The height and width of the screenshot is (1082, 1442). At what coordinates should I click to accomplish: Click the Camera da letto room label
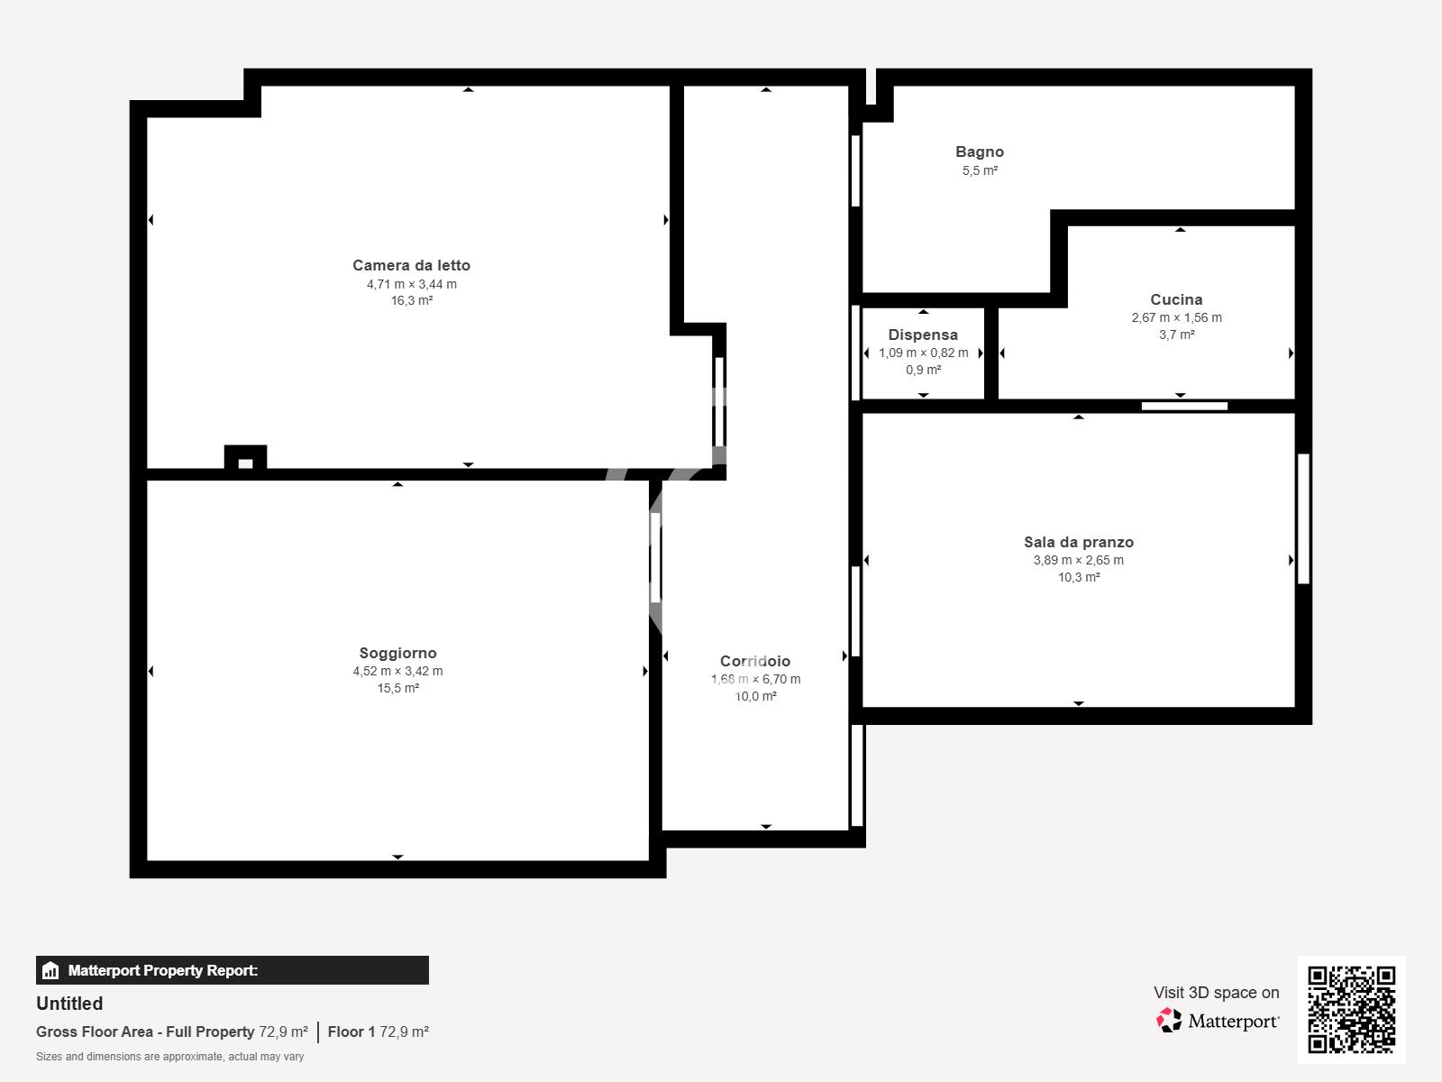411,265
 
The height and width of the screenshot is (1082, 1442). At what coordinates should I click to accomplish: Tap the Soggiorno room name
398,653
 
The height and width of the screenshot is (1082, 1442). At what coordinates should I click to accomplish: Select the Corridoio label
755,661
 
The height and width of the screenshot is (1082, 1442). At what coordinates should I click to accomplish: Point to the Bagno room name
980,151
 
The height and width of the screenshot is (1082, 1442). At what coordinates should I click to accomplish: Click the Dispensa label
923,335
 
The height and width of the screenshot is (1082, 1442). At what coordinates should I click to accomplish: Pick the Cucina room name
1176,299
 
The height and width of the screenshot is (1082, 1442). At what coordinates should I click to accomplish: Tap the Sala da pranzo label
1079,542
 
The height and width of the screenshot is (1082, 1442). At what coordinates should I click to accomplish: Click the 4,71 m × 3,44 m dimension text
411,284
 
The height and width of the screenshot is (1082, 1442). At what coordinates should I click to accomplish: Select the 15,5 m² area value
398,688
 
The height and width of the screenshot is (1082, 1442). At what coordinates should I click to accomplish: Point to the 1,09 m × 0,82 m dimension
923,353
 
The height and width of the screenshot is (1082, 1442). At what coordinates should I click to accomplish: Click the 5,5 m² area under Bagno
980,170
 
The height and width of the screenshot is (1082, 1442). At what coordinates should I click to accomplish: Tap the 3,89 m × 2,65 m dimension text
1079,560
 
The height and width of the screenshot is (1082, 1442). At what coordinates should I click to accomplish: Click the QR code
1351,1010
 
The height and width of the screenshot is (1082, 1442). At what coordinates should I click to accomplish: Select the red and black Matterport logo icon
1169,1021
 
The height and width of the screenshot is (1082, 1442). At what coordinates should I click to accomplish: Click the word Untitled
69,1004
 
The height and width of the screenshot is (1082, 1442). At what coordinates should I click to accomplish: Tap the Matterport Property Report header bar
232,970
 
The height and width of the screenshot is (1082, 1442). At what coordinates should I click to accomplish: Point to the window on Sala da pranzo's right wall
1303,519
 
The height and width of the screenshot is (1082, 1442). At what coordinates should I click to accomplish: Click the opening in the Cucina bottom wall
1184,406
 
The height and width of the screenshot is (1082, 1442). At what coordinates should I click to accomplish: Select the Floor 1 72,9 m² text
378,1032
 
